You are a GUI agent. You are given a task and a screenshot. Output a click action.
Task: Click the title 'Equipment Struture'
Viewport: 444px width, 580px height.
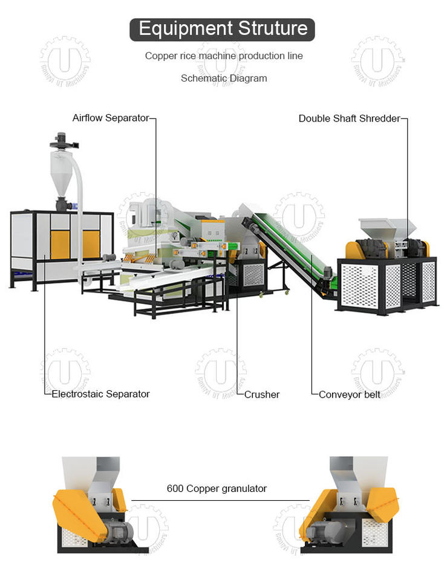(222, 28)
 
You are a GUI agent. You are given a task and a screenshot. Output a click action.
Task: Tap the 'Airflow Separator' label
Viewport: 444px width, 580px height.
(110, 118)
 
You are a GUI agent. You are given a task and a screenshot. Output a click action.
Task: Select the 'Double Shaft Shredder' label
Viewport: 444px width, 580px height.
(349, 118)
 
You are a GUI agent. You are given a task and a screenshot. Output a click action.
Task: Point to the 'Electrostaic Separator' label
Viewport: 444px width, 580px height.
(100, 394)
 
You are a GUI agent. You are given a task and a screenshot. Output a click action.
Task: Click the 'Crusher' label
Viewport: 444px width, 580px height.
(262, 395)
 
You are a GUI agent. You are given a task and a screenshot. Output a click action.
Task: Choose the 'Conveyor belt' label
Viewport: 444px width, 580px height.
(350, 395)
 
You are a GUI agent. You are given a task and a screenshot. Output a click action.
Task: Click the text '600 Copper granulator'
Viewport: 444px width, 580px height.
(217, 488)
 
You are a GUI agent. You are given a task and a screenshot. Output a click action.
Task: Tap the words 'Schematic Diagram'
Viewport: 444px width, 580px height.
(223, 78)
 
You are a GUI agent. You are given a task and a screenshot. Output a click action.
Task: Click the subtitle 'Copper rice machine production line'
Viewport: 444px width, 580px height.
(224, 56)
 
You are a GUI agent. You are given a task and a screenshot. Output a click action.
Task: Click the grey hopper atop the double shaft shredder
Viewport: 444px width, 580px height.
(387, 228)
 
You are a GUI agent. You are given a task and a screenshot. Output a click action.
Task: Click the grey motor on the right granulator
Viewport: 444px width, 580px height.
(324, 530)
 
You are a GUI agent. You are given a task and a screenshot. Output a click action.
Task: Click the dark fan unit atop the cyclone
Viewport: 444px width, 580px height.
(60, 141)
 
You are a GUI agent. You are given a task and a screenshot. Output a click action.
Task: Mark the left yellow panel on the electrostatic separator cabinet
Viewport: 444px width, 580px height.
(60, 243)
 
